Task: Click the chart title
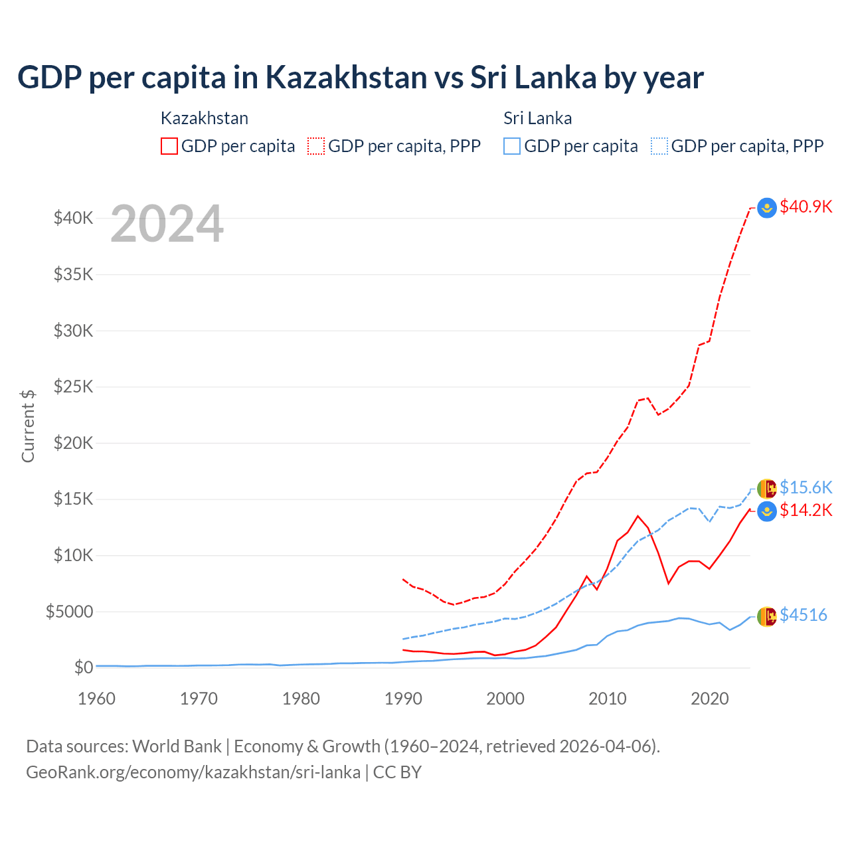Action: [x=360, y=78]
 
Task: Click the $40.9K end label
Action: [x=806, y=207]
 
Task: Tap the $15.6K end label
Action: [x=806, y=487]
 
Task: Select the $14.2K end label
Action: [x=806, y=510]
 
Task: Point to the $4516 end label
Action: [x=803, y=615]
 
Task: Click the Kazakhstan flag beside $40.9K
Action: [x=767, y=208]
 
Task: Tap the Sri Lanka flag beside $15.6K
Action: [x=767, y=488]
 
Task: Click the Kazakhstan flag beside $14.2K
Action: [x=767, y=511]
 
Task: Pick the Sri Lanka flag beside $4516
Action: [x=767, y=616]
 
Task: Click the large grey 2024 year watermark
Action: [x=167, y=224]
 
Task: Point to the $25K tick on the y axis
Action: [x=73, y=386]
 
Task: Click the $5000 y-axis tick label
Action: [x=69, y=612]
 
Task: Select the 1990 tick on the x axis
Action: [x=403, y=699]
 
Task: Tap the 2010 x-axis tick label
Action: [x=608, y=699]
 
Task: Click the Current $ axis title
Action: [x=28, y=426]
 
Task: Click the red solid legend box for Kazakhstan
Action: [x=169, y=146]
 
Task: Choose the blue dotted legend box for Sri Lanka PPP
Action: [x=659, y=146]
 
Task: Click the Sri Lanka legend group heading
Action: [x=537, y=118]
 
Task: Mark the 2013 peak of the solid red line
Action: [x=638, y=516]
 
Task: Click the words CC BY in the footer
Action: [x=397, y=772]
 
